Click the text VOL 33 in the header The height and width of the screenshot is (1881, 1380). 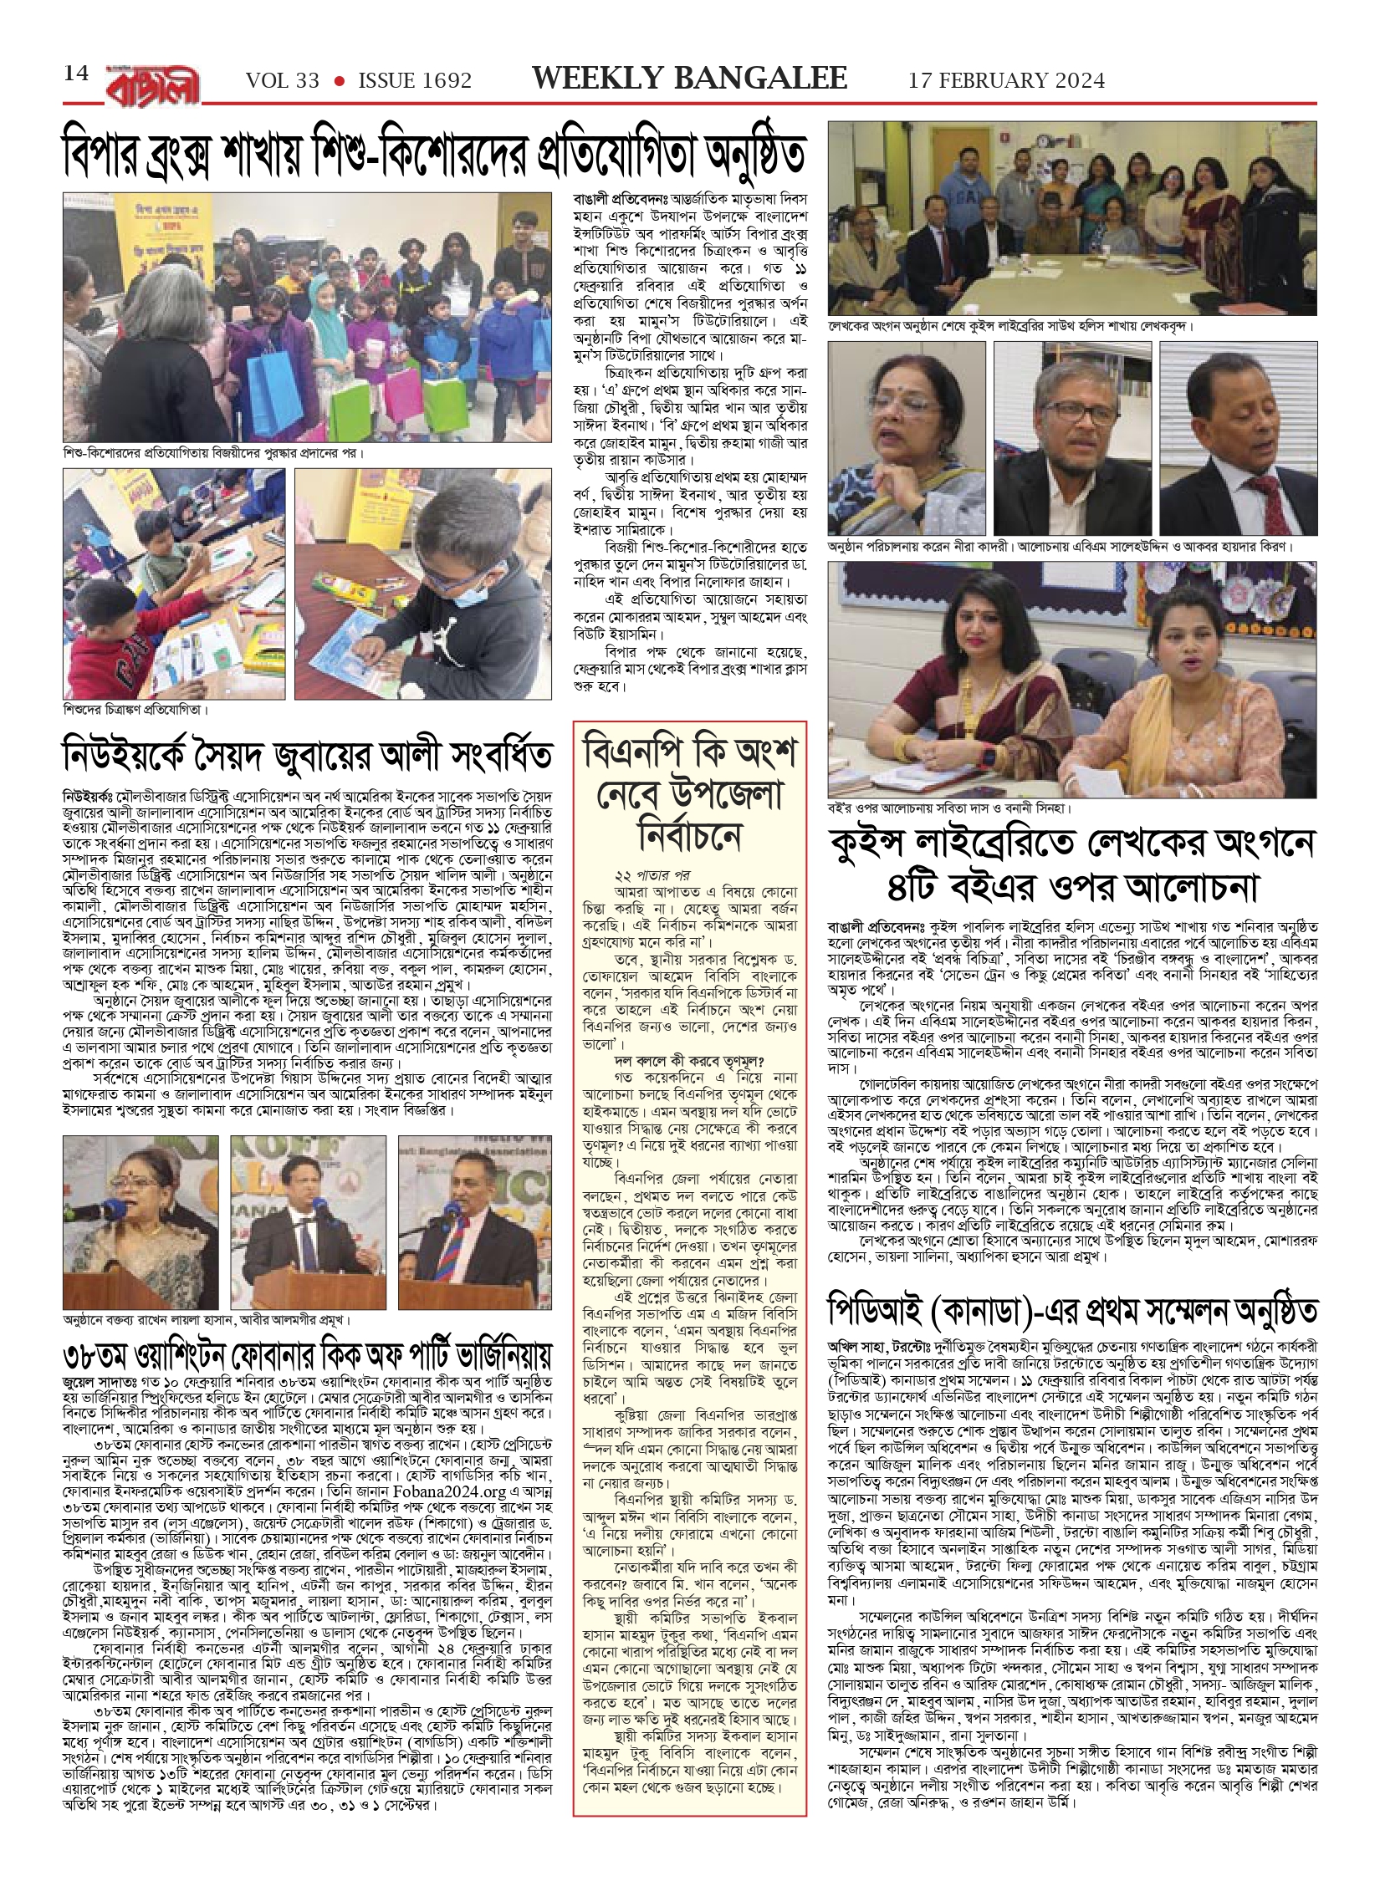pyautogui.click(x=283, y=81)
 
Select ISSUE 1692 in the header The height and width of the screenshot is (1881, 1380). pyautogui.click(x=415, y=81)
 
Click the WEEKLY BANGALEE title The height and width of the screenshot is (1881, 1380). pyautogui.click(x=690, y=79)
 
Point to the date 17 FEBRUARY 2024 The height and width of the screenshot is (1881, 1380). pyautogui.click(x=1006, y=80)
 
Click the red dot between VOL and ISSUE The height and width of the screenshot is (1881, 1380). pyautogui.click(x=339, y=81)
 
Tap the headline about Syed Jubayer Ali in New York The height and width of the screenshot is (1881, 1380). pyautogui.click(x=308, y=754)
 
